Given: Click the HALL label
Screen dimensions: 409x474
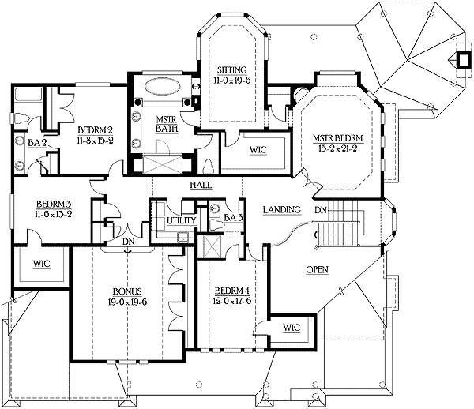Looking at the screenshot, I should (x=199, y=185).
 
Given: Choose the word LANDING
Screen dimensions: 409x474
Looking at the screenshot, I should (x=281, y=209).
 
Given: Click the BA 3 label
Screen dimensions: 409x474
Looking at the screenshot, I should (x=231, y=217).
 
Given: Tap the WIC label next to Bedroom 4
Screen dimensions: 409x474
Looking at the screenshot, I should (x=291, y=326).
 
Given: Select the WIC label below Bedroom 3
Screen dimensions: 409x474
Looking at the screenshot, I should (x=42, y=265).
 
